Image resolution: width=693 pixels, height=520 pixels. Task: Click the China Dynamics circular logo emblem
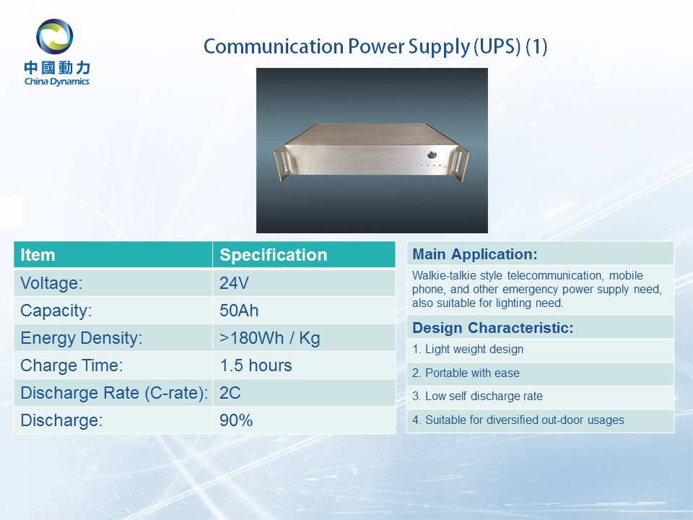tap(55, 37)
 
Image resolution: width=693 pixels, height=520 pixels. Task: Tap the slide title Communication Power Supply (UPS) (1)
tap(375, 46)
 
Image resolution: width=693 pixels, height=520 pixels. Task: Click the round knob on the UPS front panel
tap(432, 155)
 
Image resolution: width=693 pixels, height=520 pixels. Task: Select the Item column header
tap(38, 255)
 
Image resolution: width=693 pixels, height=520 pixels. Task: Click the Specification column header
tap(273, 255)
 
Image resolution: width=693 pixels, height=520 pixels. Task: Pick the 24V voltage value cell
tap(234, 283)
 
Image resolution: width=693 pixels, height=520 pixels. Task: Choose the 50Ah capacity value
tap(239, 311)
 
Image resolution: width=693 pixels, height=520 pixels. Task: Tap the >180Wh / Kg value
tap(269, 338)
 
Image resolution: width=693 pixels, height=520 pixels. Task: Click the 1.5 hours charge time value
tap(256, 365)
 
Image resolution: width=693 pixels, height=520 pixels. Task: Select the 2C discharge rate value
tap(230, 393)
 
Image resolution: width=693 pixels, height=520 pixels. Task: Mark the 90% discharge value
tap(236, 420)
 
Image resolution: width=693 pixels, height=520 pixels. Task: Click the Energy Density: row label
tap(82, 338)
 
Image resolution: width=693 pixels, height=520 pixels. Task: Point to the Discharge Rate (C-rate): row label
tap(114, 393)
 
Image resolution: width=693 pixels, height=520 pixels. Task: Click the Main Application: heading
tap(475, 254)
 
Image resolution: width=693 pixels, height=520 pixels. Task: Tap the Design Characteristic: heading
tap(493, 328)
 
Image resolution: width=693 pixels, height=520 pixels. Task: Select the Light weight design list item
tap(468, 350)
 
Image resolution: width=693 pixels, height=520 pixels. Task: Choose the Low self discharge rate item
tap(477, 396)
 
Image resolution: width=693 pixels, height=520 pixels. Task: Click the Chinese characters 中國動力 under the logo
tap(57, 68)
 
